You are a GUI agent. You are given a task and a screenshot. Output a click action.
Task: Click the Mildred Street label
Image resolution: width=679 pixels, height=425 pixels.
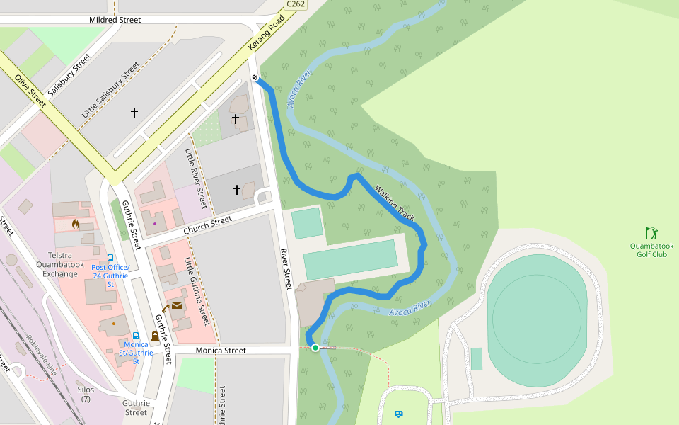click(x=115, y=20)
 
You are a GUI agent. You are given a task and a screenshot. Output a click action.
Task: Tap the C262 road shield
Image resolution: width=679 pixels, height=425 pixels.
click(x=295, y=4)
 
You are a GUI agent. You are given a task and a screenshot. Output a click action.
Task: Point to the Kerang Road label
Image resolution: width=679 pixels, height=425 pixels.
click(x=266, y=33)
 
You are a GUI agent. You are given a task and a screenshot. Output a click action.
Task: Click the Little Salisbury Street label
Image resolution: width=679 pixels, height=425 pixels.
click(x=111, y=91)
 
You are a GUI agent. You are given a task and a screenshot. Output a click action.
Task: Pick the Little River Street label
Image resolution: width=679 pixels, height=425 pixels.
click(x=195, y=178)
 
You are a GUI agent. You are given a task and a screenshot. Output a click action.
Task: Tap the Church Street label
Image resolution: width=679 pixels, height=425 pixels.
click(x=207, y=226)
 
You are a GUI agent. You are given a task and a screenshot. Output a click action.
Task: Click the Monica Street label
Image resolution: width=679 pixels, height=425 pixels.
click(x=221, y=351)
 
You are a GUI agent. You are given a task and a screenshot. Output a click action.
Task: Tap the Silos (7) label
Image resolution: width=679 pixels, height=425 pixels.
click(x=86, y=394)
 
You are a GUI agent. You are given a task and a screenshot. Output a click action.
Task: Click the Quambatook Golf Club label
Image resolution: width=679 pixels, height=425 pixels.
click(x=651, y=250)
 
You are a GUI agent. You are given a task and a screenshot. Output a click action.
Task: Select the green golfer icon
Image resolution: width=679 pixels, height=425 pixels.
click(x=651, y=232)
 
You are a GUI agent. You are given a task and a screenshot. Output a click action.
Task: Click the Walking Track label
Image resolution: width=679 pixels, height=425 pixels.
click(x=395, y=204)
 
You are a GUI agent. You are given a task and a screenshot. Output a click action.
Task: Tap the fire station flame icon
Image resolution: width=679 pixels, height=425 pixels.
click(x=76, y=224)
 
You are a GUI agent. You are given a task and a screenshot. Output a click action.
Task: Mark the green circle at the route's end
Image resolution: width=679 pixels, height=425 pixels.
click(x=315, y=348)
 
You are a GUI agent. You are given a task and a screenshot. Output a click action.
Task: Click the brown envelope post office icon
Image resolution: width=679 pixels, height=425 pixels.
click(x=176, y=305)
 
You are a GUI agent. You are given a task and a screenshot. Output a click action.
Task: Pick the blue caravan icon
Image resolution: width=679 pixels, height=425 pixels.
click(x=399, y=414)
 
